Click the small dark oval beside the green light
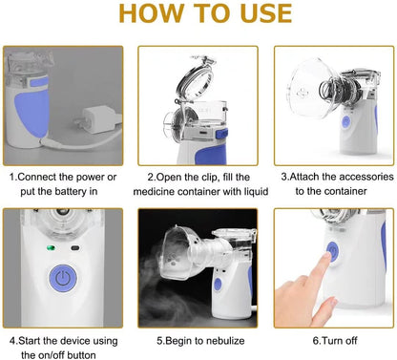[x=75, y=250]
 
